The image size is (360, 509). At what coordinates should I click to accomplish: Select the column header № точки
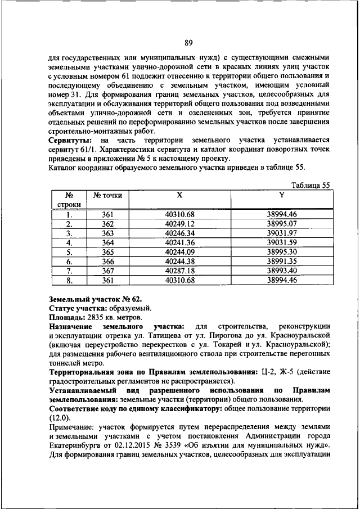107,195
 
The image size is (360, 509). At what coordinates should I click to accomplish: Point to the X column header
179,195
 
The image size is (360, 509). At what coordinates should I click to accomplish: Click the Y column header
282,195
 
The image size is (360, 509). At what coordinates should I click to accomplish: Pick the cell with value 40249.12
179,223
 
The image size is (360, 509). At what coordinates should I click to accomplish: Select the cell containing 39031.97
282,233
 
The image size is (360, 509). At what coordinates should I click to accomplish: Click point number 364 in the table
107,242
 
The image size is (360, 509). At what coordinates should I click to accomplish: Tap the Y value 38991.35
282,262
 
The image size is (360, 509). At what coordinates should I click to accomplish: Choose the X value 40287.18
179,271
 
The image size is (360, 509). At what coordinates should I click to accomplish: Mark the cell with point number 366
107,262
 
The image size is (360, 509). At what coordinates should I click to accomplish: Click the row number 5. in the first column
68,252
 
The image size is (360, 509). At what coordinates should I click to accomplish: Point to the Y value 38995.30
282,252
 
